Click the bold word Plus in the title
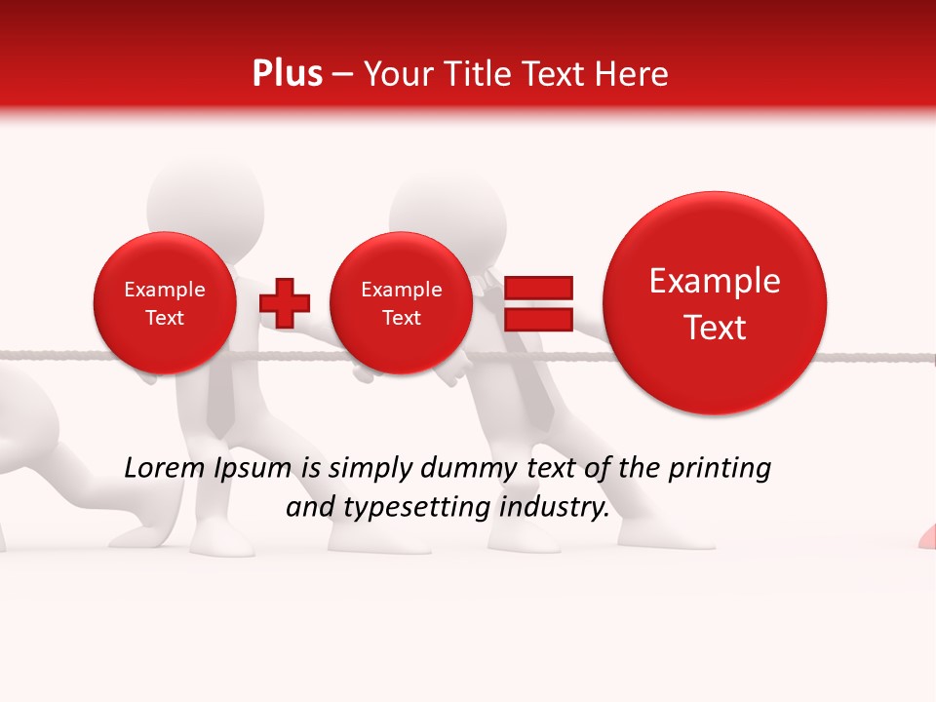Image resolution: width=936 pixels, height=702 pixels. tap(287, 74)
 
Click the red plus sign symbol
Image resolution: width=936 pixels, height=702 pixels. tap(285, 302)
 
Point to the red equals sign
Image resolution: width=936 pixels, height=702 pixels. tap(537, 302)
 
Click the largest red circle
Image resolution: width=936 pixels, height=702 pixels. tap(715, 303)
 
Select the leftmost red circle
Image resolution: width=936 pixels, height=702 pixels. tap(164, 303)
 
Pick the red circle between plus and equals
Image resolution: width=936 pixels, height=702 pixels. tap(401, 303)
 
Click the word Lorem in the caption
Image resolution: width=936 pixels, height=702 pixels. tap(164, 469)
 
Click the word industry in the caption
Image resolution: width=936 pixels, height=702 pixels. tap(553, 507)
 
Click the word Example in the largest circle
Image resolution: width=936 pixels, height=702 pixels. tap(715, 281)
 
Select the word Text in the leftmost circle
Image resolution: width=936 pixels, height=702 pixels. tap(164, 318)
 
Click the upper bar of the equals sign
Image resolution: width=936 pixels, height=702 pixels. tap(537, 288)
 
